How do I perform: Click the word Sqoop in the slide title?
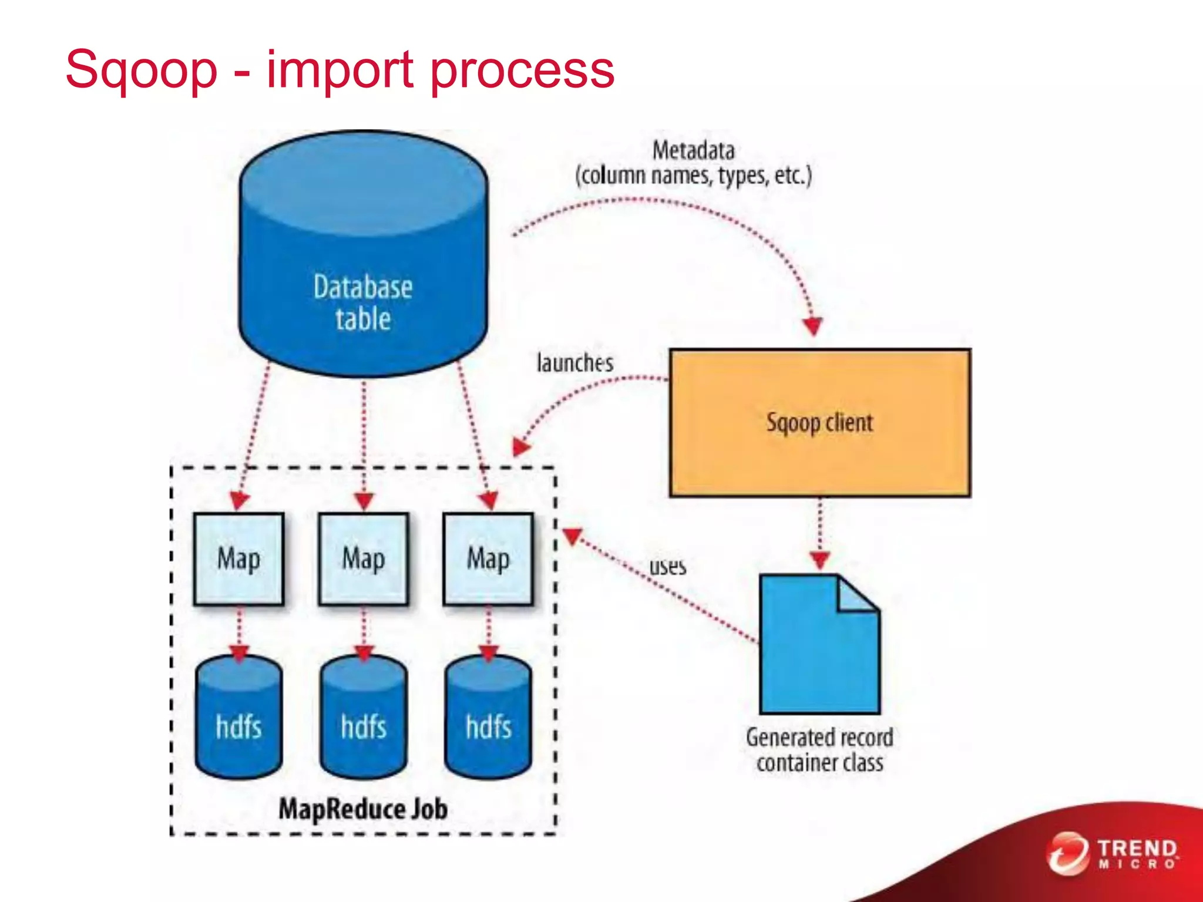pos(141,70)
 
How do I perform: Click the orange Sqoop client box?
pos(819,423)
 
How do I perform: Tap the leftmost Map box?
pos(238,558)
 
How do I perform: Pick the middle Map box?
pos(363,558)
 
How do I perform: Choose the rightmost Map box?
pos(488,558)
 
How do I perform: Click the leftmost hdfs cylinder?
pos(238,719)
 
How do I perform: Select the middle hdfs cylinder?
pos(363,719)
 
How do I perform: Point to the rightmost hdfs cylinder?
pos(488,719)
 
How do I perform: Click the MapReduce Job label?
pos(363,809)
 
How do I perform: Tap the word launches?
pos(574,363)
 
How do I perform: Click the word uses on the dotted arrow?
pos(667,567)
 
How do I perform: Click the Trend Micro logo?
pos(1113,853)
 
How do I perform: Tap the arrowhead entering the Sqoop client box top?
pos(814,326)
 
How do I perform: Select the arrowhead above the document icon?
pos(820,560)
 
